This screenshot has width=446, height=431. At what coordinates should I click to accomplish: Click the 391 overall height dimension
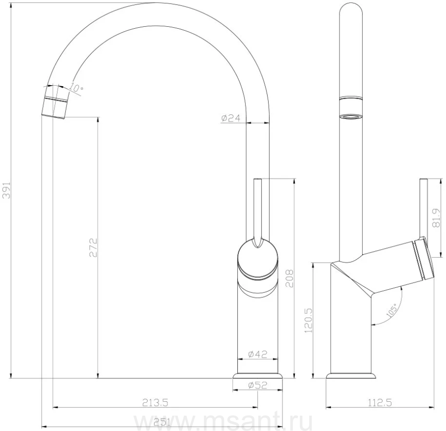click(x=6, y=190)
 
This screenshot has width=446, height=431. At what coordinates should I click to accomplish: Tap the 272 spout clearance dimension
click(x=93, y=248)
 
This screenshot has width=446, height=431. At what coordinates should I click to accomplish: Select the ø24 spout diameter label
click(x=230, y=118)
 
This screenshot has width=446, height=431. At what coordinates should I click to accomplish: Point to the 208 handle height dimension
click(x=289, y=278)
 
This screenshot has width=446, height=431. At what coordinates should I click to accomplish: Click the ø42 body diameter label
click(x=258, y=354)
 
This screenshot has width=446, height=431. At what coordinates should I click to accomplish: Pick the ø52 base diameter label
click(x=258, y=385)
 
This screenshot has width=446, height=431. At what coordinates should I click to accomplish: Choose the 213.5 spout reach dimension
click(x=155, y=402)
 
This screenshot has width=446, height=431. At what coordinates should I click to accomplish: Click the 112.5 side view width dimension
click(x=380, y=402)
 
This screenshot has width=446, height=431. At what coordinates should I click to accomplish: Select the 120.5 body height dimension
click(x=309, y=321)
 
